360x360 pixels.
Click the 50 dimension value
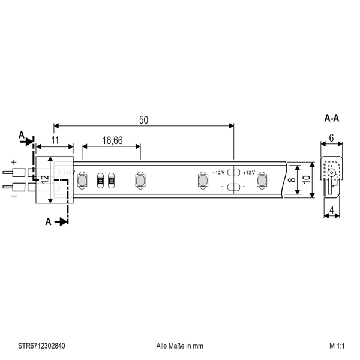tap(144, 120)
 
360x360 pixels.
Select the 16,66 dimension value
tap(112, 140)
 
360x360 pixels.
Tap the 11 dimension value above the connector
tap(55, 140)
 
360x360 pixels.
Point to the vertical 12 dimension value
tap(46, 179)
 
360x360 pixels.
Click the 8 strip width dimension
tap(292, 179)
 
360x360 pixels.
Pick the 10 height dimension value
tap(306, 179)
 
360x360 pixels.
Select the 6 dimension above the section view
tap(331, 138)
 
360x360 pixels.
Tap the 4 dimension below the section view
tap(332, 210)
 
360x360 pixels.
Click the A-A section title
tap(332, 118)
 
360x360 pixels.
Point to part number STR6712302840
tap(41, 346)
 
